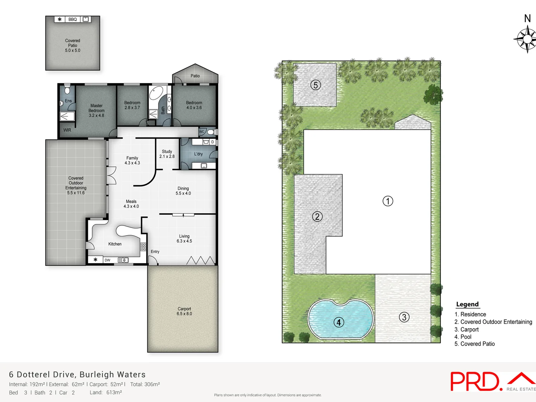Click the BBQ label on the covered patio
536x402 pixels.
pos(73,19)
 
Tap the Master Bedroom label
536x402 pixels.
pos(96,111)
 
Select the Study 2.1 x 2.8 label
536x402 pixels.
pos(167,154)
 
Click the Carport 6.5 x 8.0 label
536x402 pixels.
pos(184,311)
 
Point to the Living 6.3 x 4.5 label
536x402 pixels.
pos(184,239)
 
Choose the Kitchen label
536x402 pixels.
pos(115,244)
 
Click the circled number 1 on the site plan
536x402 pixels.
pos(388,201)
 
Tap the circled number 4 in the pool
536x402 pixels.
pos(338,322)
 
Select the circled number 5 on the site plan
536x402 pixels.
pos(315,85)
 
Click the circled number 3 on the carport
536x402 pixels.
pos(404,317)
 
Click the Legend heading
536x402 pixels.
pos(467,304)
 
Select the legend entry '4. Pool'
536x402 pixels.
pos(463,337)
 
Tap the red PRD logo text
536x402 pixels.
pos(475,382)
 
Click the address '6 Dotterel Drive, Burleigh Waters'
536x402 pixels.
pos(77,374)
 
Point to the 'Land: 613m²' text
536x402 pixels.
pos(106,392)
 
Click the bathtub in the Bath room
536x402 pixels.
pos(156,93)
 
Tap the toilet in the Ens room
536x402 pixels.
pos(67,90)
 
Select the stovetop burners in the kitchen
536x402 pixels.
pos(143,246)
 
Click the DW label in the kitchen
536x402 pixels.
pos(107,260)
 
